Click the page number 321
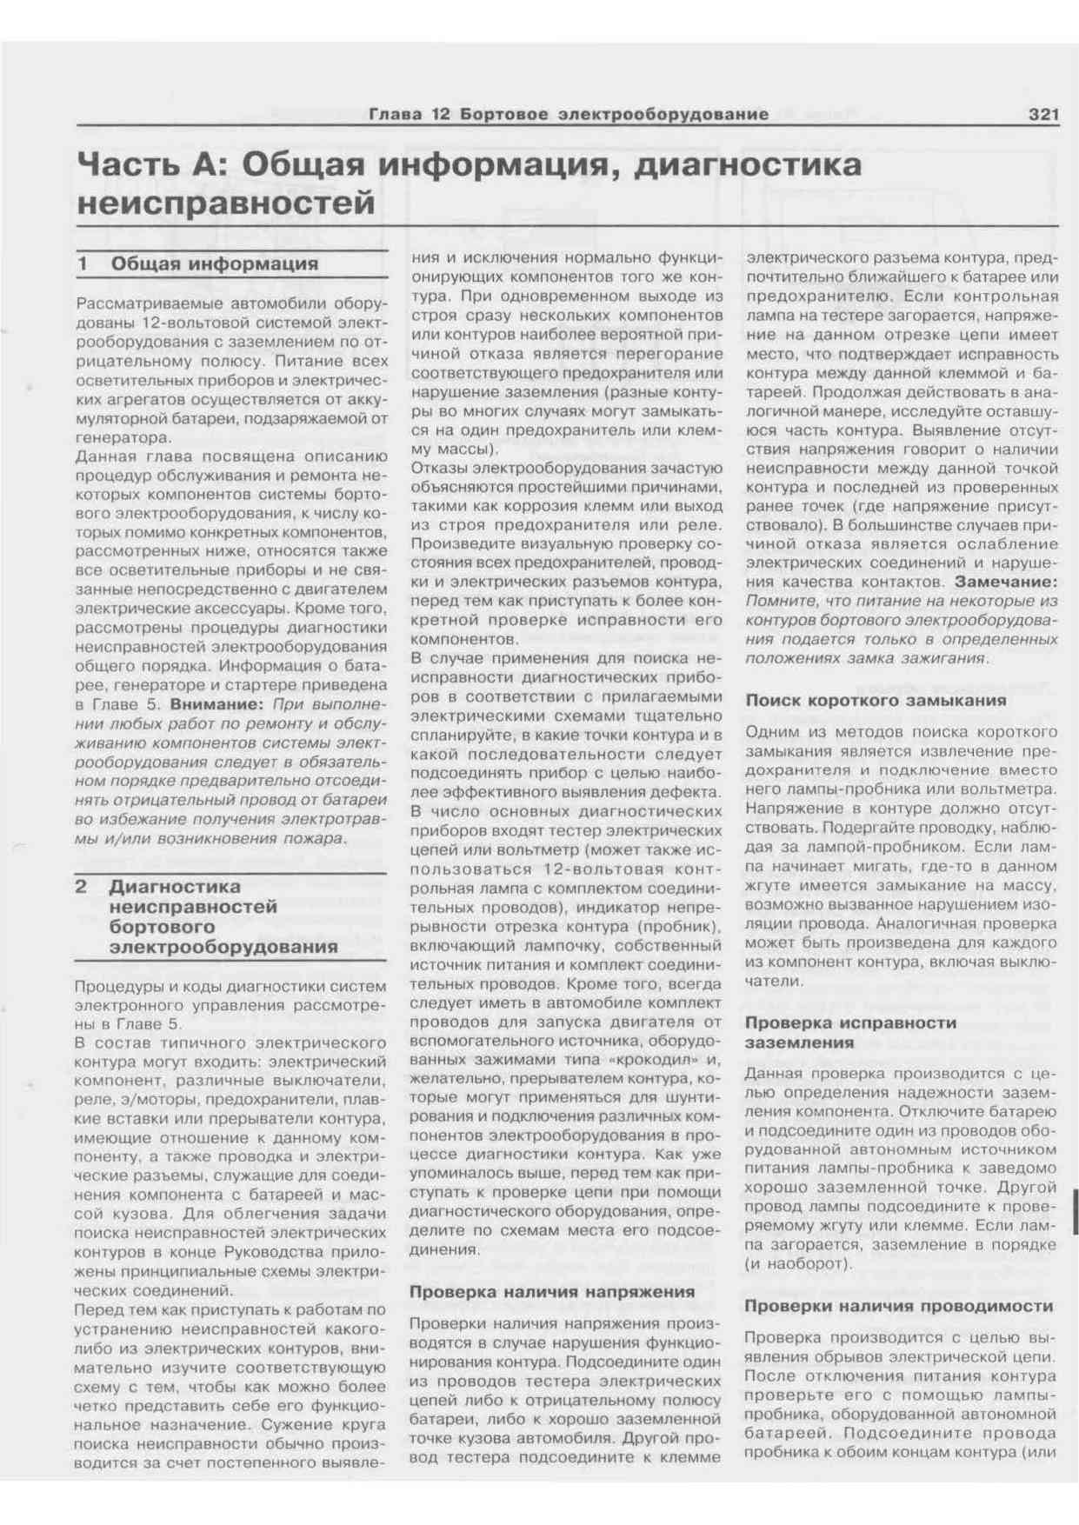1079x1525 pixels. point(1042,114)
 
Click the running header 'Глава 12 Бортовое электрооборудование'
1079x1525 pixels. point(569,114)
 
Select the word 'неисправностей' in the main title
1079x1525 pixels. point(226,203)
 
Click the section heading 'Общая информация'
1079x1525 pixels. point(214,263)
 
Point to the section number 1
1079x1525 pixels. point(83,263)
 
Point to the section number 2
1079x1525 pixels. point(81,887)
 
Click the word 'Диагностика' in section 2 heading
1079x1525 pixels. point(175,887)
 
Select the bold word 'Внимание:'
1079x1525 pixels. point(216,704)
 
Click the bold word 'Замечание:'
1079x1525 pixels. point(1006,582)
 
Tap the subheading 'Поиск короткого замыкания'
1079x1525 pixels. point(876,700)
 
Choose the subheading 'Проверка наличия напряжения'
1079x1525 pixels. point(552,1291)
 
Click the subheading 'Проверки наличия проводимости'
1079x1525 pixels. point(898,1306)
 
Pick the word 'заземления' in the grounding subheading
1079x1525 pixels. point(799,1042)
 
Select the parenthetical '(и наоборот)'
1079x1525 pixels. point(796,1263)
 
